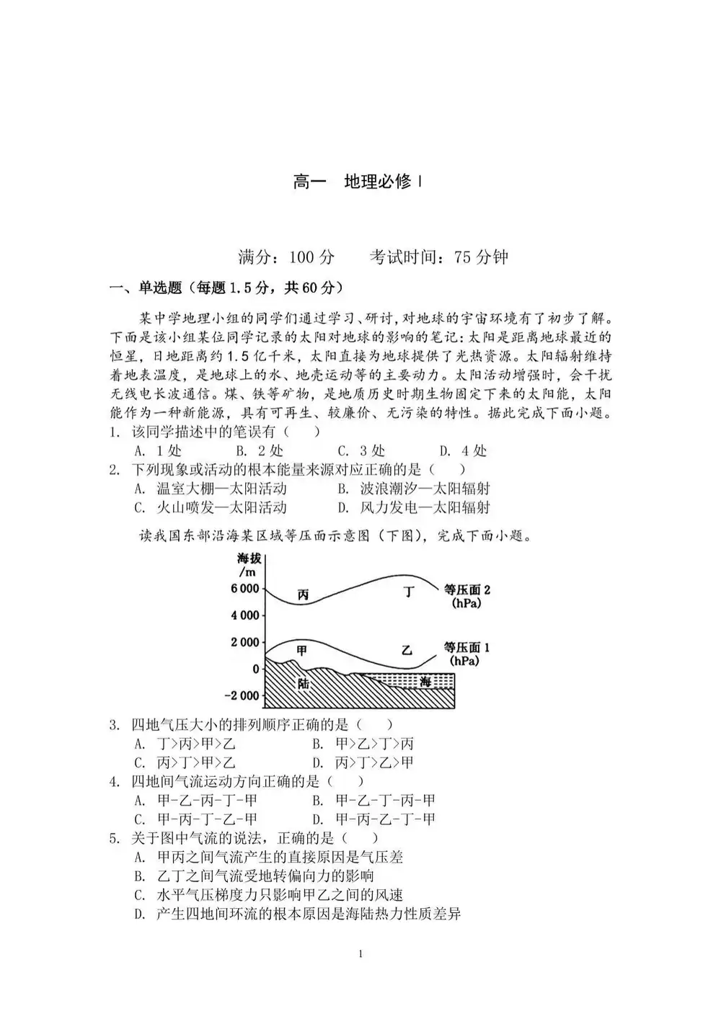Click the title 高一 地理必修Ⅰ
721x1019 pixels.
tap(358, 182)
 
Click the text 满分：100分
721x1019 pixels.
tap(286, 257)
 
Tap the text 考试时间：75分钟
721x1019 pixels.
tap(438, 257)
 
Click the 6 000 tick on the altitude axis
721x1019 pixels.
tap(244, 589)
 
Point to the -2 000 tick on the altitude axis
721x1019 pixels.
tap(242, 695)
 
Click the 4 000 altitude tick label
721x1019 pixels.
tap(244, 615)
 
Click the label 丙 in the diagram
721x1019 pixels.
tap(304, 595)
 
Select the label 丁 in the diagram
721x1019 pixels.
tap(410, 592)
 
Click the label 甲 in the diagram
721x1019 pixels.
tap(302, 650)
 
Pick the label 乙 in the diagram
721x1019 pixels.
tap(407, 650)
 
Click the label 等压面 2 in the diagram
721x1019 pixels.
tap(466, 595)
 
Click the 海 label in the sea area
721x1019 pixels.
tap(425, 682)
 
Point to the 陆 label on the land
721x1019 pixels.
tap(304, 682)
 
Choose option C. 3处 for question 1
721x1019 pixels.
tap(362, 451)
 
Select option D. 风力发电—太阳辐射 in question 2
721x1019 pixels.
tap(415, 507)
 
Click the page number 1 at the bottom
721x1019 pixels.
tap(360, 955)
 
